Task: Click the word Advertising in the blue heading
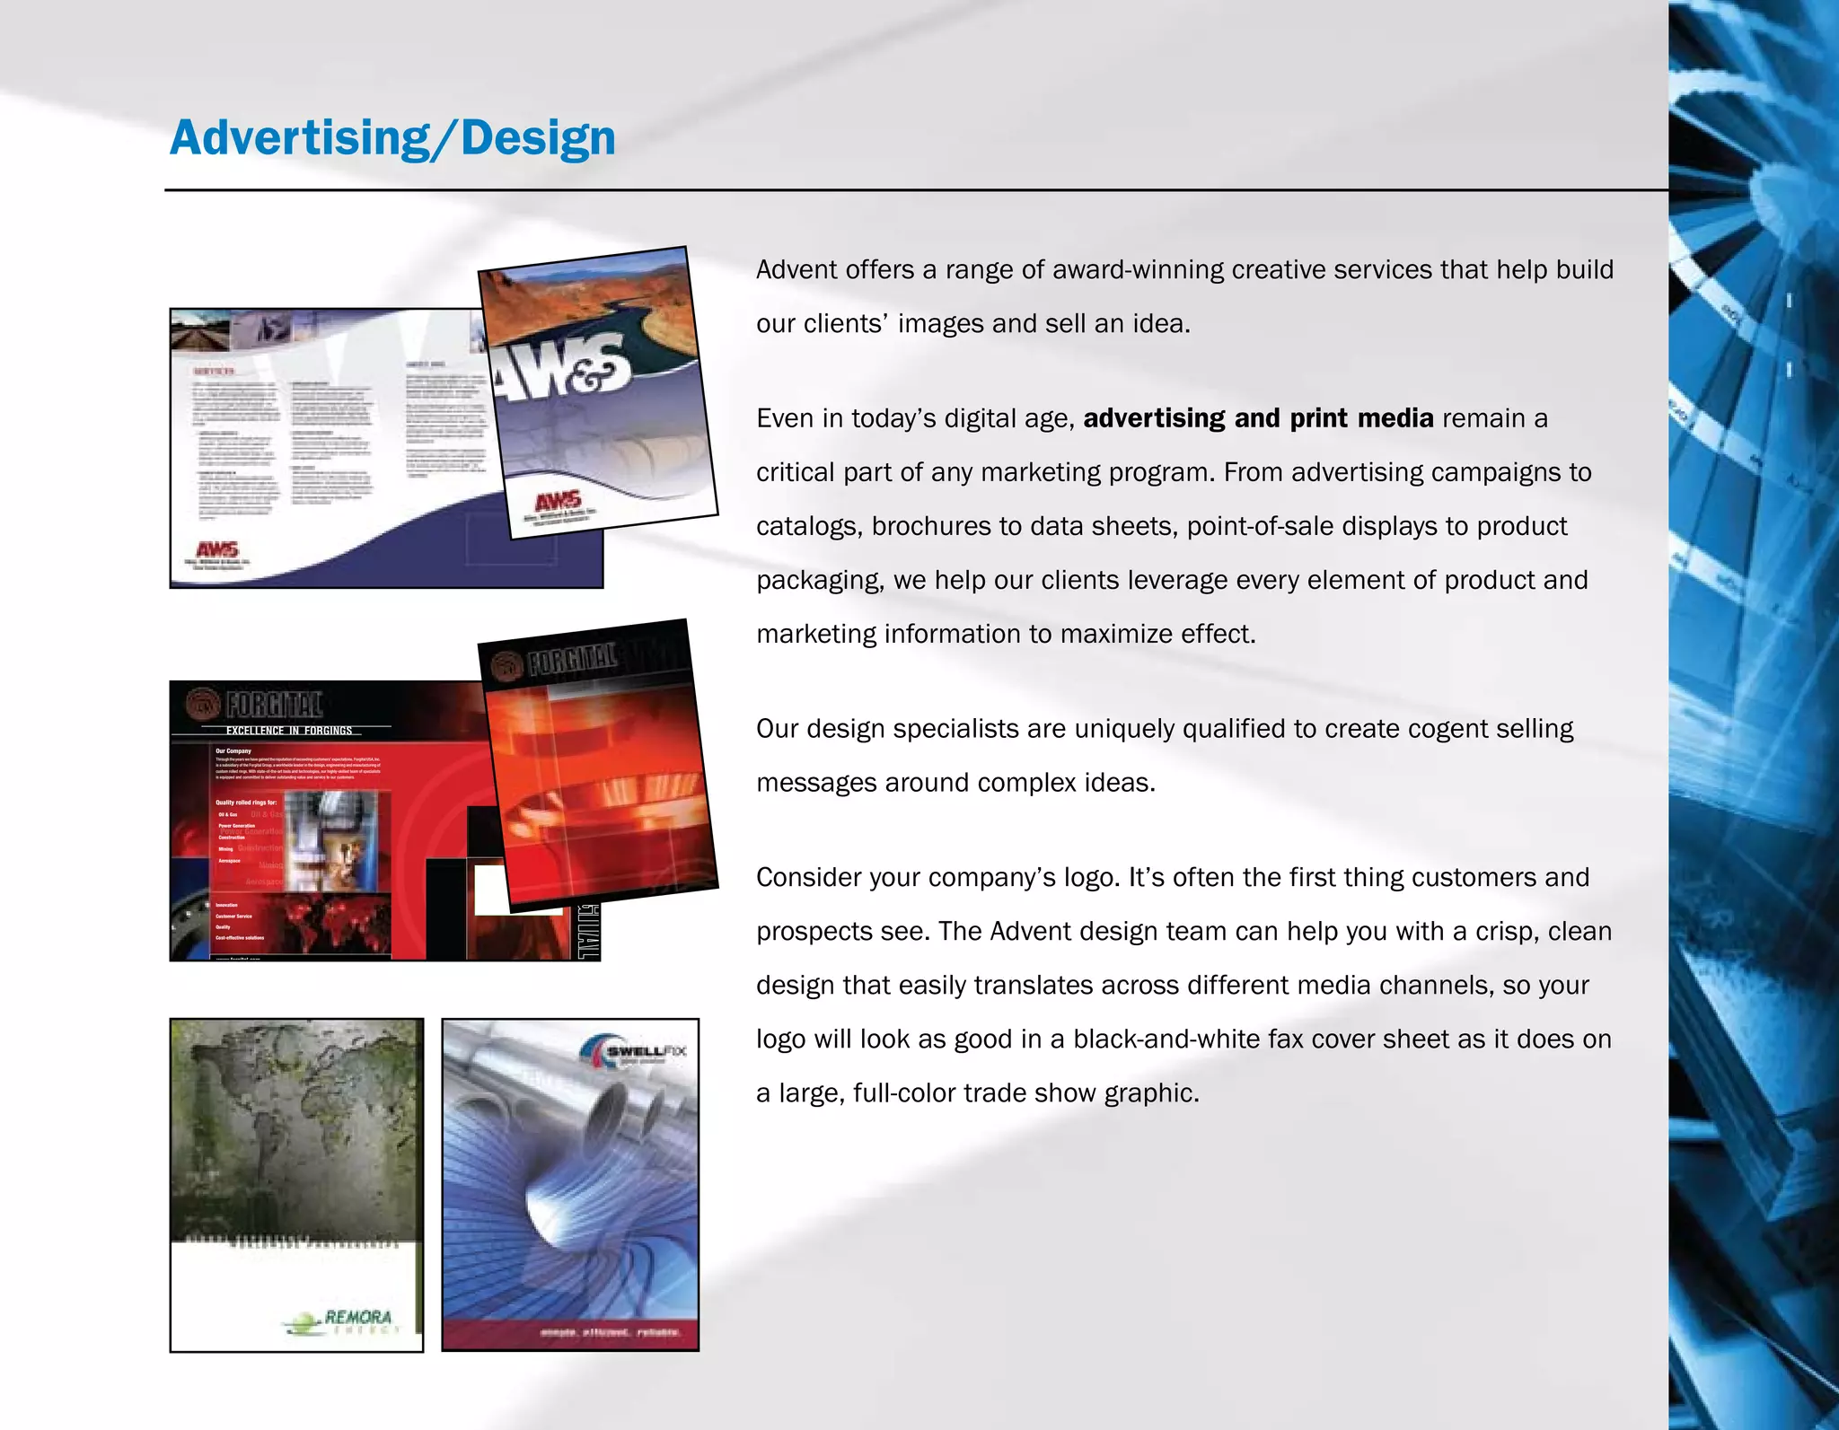point(300,138)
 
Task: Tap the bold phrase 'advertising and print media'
point(1258,418)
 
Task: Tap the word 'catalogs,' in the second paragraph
point(809,527)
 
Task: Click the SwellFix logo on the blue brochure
point(635,1052)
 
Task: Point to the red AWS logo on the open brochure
point(217,548)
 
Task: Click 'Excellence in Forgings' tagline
point(288,731)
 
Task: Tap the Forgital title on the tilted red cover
point(571,658)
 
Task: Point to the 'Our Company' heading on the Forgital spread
point(233,750)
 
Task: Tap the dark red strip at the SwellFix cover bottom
point(570,1333)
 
